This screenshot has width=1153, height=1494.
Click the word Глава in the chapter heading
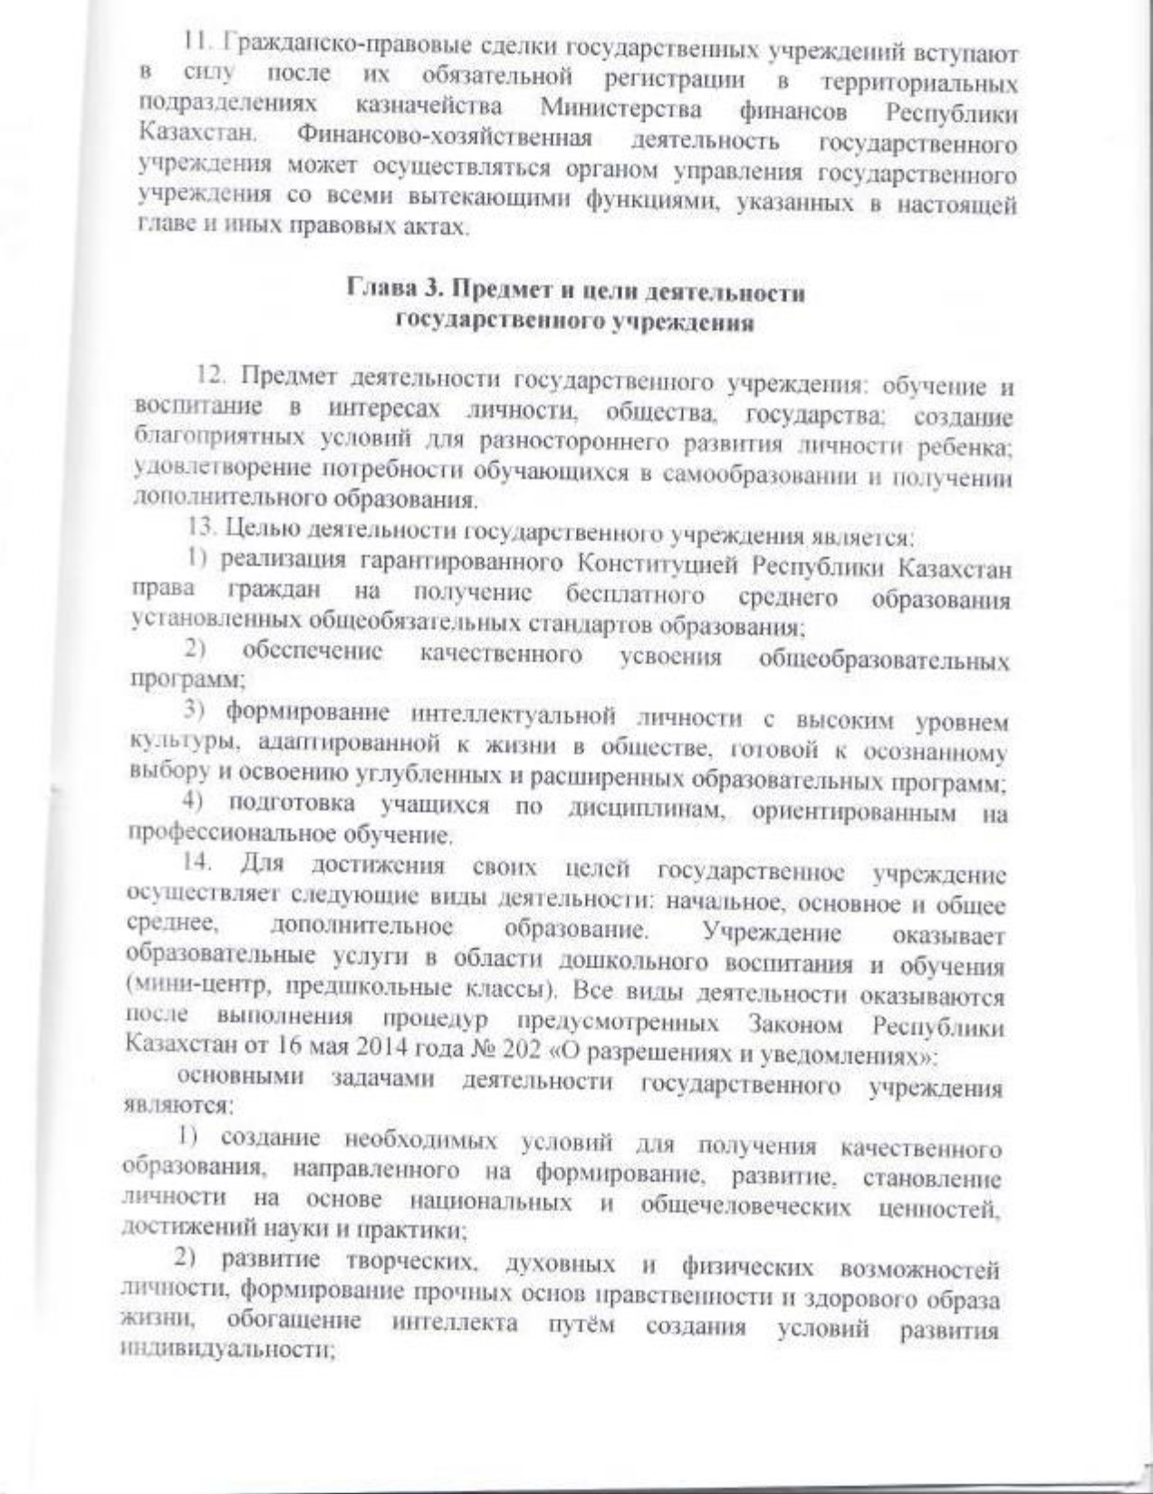pyautogui.click(x=375, y=292)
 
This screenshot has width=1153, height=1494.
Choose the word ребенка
pyautogui.click(x=969, y=448)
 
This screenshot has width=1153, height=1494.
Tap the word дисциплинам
pyautogui.click(x=643, y=809)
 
